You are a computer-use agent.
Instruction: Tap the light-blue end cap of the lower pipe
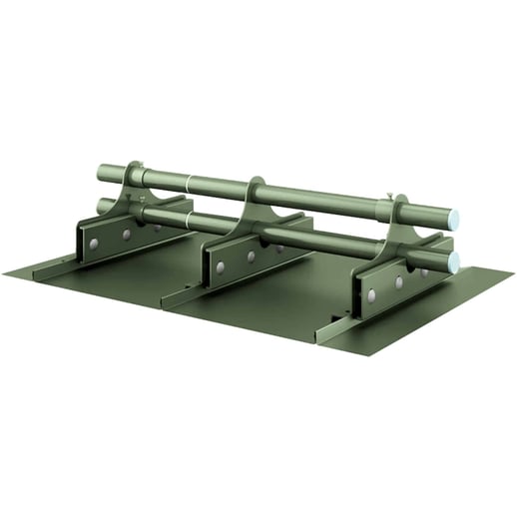452,263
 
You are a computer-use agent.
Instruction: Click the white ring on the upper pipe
188,183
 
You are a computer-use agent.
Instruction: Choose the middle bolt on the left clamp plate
126,235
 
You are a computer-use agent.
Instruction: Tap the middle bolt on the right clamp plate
398,282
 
